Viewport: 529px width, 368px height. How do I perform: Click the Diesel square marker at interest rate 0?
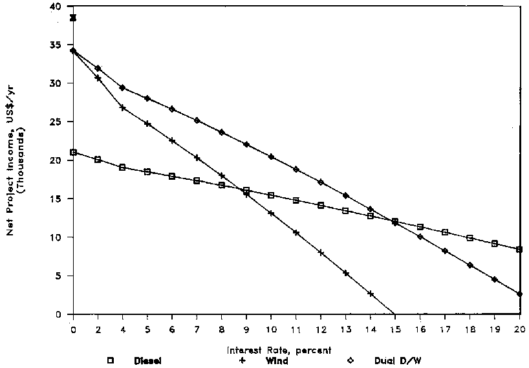[73, 153]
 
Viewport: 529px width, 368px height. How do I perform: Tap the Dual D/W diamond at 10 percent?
[271, 157]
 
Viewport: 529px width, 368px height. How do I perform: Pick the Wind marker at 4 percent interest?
[122, 108]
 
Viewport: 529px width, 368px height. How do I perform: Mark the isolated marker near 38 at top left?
[73, 17]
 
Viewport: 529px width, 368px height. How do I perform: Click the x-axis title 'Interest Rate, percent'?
[279, 351]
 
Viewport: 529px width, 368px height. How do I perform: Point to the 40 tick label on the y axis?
[59, 7]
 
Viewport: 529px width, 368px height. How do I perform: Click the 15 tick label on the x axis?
[394, 329]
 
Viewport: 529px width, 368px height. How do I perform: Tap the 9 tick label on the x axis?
[246, 329]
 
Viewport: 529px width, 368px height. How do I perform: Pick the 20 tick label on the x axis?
[519, 329]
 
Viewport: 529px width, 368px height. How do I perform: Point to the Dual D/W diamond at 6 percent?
[172, 109]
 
